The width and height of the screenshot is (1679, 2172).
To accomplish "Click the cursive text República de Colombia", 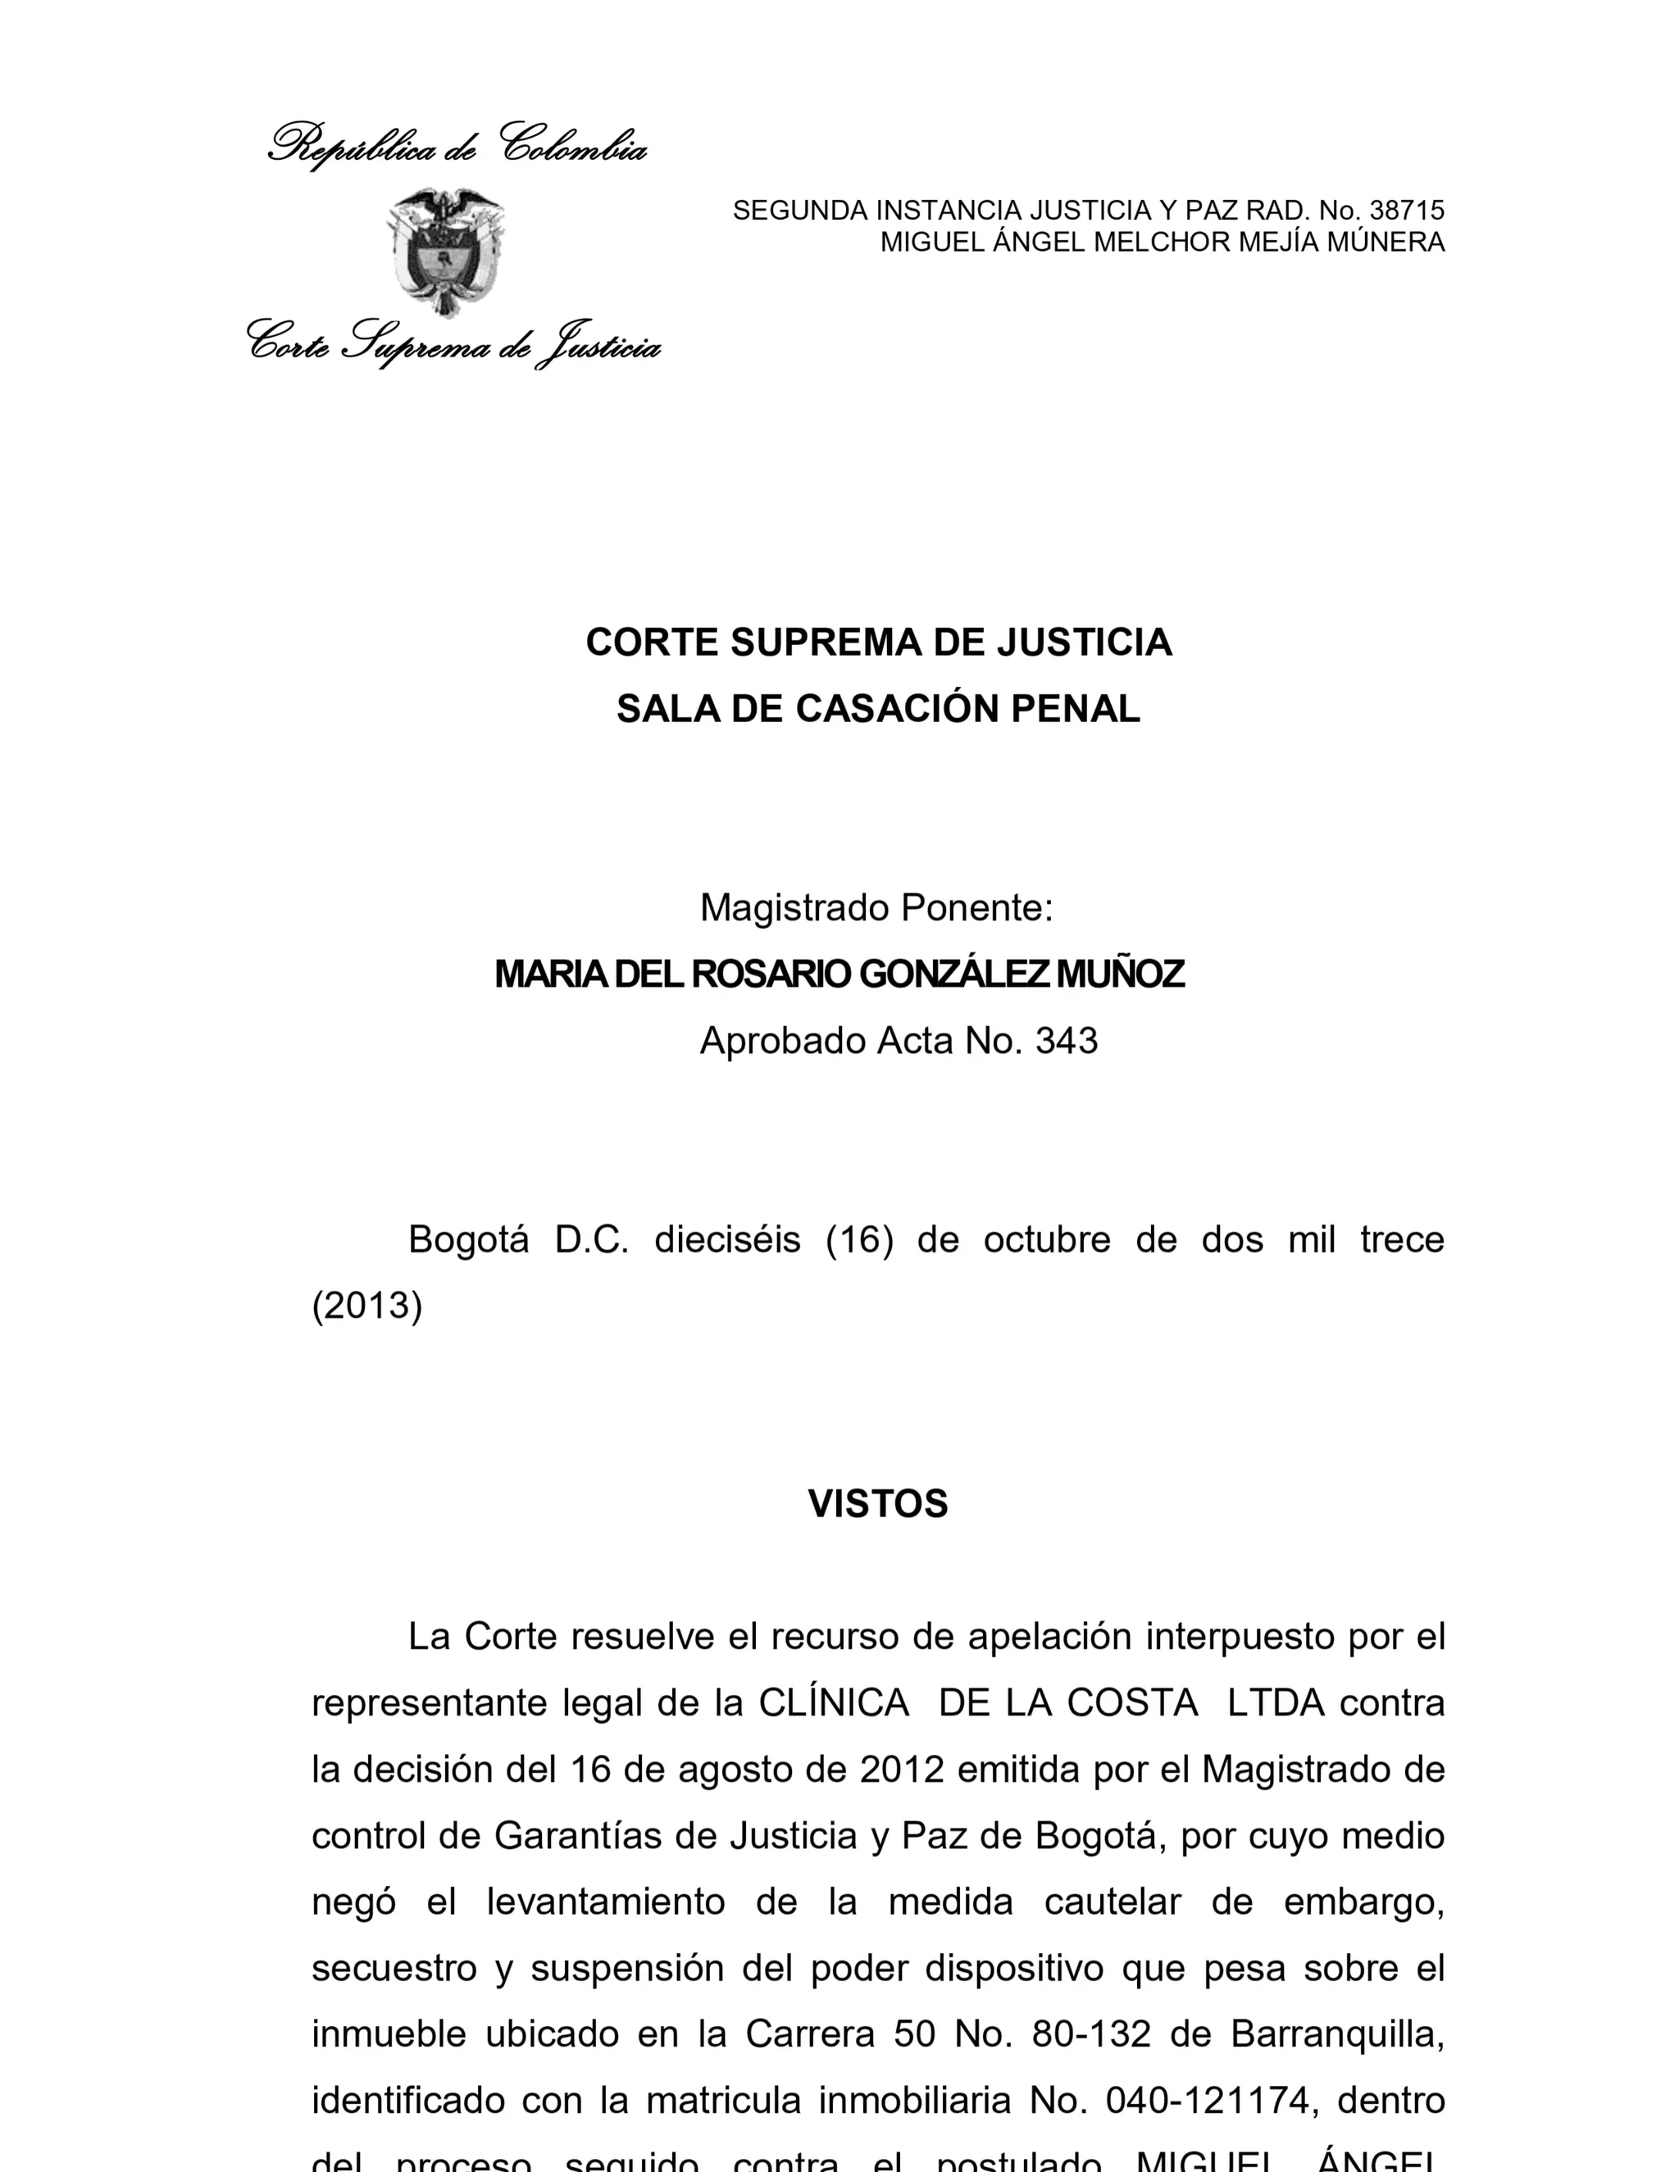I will [x=457, y=146].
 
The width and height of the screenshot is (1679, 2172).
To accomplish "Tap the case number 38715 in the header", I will [x=1407, y=211].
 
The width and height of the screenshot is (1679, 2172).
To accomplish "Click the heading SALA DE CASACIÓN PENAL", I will [x=878, y=709].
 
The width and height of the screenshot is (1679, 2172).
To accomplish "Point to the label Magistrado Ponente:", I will [x=876, y=908].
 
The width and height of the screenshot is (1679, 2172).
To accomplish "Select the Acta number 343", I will [x=1067, y=1041].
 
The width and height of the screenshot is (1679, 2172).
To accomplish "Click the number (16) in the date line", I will [x=859, y=1240].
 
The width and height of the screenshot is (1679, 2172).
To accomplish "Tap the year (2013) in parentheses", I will [x=367, y=1306].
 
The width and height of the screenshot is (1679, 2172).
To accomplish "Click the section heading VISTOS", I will [x=877, y=1504].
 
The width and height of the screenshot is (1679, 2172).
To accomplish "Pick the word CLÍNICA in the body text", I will [x=834, y=1704].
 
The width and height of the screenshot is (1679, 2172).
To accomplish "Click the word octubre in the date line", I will [x=1046, y=1240].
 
